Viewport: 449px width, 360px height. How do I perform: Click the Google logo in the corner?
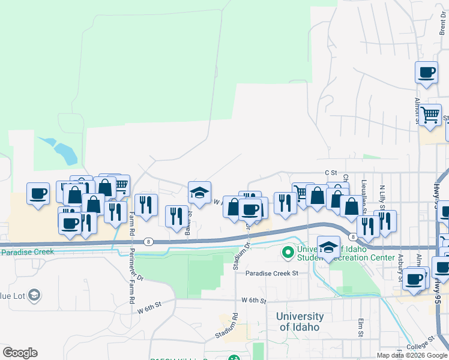[x=20, y=353]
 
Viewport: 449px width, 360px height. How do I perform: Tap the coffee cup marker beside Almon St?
[x=426, y=73]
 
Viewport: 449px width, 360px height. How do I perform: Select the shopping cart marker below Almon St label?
[x=430, y=115]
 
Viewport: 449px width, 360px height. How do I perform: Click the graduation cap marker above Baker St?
[x=199, y=193]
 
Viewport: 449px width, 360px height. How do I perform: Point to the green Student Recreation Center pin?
[x=287, y=253]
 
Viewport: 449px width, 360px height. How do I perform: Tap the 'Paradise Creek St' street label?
[x=272, y=274]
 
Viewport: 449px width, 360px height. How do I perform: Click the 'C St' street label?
[x=328, y=172]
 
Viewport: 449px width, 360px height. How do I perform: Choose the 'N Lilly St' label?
[x=382, y=198]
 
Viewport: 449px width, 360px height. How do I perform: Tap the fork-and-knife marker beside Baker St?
[x=176, y=216]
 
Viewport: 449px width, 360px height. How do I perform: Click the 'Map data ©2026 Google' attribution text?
[x=412, y=355]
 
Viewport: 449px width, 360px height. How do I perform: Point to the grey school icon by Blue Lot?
[x=35, y=295]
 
